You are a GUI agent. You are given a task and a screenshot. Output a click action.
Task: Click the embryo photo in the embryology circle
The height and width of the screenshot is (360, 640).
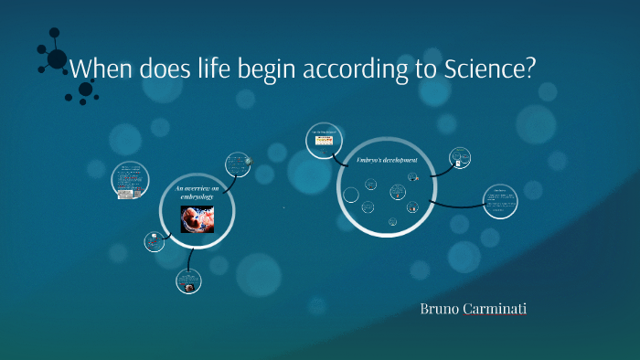pyautogui.click(x=197, y=219)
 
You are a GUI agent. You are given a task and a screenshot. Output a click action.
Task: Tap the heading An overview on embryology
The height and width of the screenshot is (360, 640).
pyautogui.click(x=194, y=191)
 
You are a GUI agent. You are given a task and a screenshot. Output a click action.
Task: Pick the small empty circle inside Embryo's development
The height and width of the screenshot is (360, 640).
pyautogui.click(x=350, y=194)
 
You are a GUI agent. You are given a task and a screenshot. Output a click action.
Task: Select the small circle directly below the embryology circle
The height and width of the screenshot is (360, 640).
pyautogui.click(x=188, y=281)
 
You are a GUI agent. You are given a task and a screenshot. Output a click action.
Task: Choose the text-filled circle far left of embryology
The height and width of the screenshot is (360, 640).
pyautogui.click(x=130, y=180)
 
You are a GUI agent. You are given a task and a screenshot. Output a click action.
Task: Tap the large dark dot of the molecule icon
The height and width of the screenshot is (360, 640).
pyautogui.click(x=57, y=59)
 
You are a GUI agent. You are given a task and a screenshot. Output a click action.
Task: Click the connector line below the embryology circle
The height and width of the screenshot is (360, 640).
pyautogui.click(x=190, y=259)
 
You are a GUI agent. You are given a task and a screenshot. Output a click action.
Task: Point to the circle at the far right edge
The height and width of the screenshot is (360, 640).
pyautogui.click(x=500, y=201)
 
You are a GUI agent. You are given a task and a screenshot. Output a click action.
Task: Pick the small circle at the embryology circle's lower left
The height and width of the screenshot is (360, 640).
pyautogui.click(x=155, y=241)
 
